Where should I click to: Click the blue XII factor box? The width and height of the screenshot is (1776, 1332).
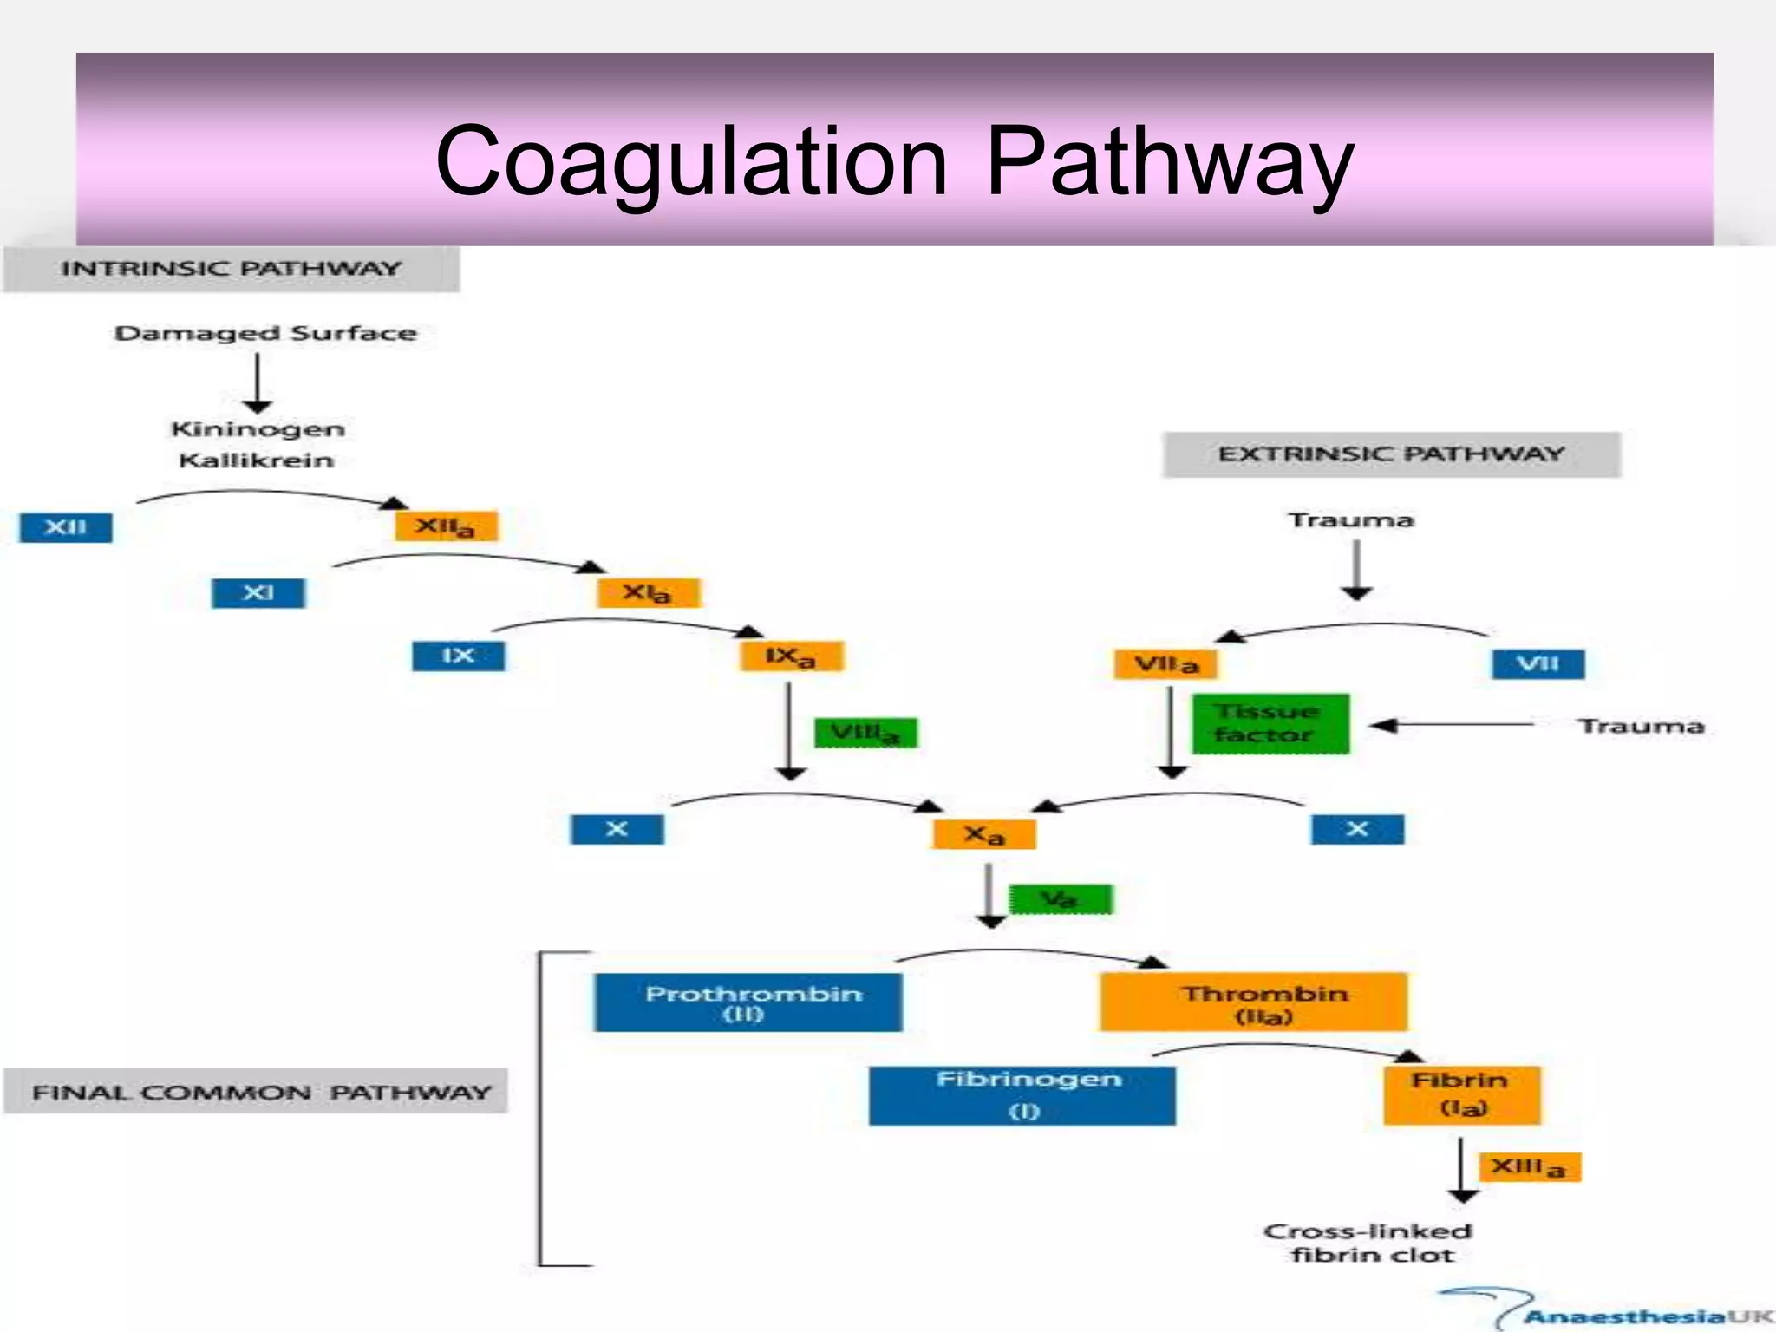click(66, 527)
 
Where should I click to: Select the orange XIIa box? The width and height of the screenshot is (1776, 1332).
click(446, 526)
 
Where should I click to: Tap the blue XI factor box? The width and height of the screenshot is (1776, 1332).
click(258, 593)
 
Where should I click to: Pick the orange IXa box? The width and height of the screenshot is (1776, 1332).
click(791, 656)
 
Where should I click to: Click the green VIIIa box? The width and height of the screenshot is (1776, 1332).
click(865, 734)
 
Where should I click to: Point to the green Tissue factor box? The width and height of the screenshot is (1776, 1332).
click(1270, 723)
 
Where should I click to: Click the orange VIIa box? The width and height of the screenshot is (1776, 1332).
click(1165, 664)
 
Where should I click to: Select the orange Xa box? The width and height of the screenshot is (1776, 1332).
click(984, 834)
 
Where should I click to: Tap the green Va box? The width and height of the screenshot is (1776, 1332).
click(1060, 899)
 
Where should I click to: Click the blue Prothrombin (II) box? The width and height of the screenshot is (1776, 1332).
click(748, 1002)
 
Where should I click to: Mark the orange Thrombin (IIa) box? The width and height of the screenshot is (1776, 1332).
click(1253, 1002)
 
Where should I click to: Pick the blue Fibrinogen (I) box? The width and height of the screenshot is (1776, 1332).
click(1022, 1095)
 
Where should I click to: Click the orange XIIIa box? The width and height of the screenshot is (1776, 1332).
click(1529, 1167)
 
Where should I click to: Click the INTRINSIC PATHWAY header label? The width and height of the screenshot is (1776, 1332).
click(231, 269)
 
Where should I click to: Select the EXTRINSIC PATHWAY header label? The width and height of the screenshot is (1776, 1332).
click(1391, 454)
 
